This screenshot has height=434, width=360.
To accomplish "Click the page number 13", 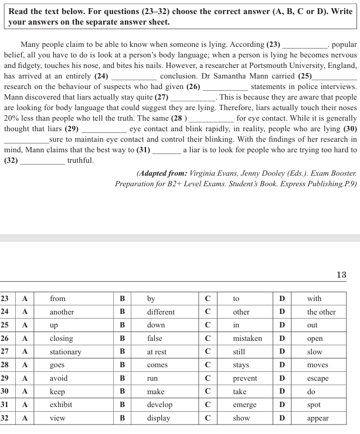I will [342, 275].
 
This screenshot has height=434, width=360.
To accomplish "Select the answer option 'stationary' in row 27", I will [65, 352].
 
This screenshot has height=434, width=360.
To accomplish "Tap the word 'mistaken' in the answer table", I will [247, 339].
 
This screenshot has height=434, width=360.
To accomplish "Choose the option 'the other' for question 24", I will [321, 312].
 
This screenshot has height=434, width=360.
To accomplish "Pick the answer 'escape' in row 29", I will [318, 378].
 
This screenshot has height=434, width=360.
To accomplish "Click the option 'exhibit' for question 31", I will [61, 405].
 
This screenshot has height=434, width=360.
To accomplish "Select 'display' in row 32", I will [158, 418].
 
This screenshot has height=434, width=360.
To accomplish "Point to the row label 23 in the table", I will [5, 299].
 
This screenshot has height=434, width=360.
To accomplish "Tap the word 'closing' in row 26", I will [62, 339].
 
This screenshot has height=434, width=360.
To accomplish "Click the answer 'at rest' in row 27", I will [157, 352].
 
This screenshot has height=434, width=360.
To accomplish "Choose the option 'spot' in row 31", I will [314, 405].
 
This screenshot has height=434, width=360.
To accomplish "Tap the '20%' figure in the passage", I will [12, 118].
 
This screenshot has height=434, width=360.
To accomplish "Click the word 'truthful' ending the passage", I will [80, 160].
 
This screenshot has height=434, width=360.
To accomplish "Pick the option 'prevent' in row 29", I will [244, 378].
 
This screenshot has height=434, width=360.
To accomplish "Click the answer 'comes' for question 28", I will [157, 365].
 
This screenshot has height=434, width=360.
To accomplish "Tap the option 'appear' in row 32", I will [318, 418].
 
